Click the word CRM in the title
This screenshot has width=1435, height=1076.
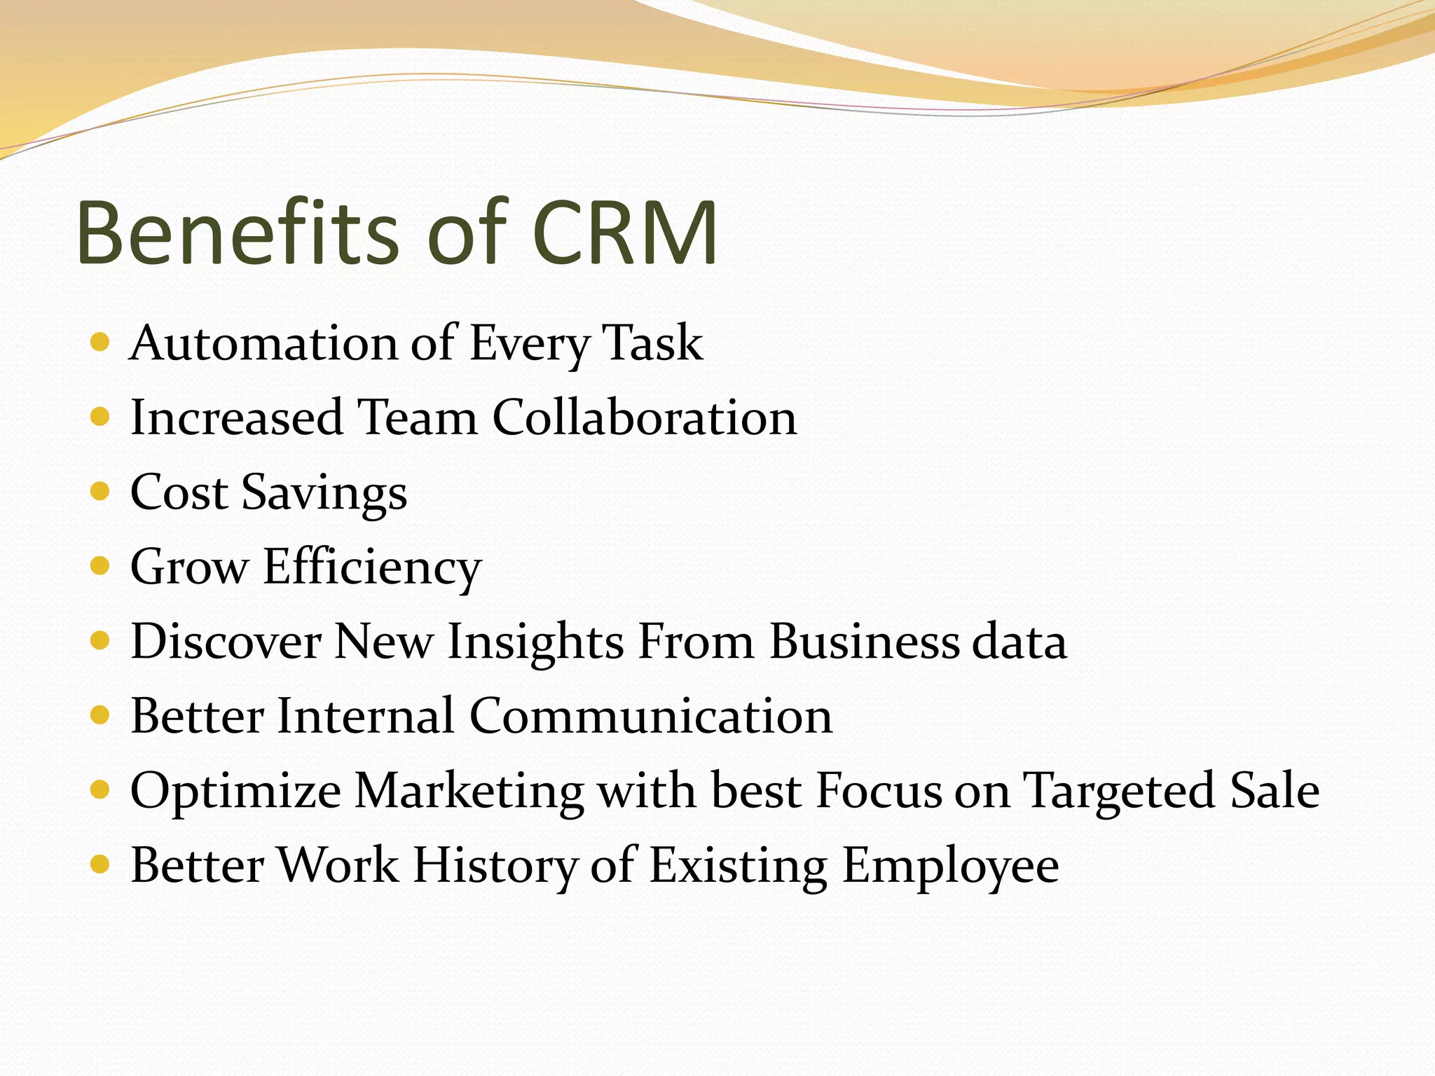pos(624,233)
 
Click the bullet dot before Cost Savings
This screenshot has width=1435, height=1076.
pos(101,491)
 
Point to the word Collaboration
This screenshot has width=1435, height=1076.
pos(644,418)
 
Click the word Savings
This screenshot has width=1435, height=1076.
pos(324,493)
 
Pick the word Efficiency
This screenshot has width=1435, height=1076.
pos(372,567)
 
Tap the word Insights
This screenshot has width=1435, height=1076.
pos(535,642)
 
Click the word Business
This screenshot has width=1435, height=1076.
pos(864,642)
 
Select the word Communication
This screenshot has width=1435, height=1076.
pos(650,716)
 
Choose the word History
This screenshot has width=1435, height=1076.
pos(494,866)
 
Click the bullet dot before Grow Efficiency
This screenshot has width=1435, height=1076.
pos(101,566)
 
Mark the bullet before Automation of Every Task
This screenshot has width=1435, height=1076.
pos(101,343)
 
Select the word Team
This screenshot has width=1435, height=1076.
pos(417,418)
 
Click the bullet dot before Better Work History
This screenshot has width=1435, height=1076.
pos(101,864)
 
